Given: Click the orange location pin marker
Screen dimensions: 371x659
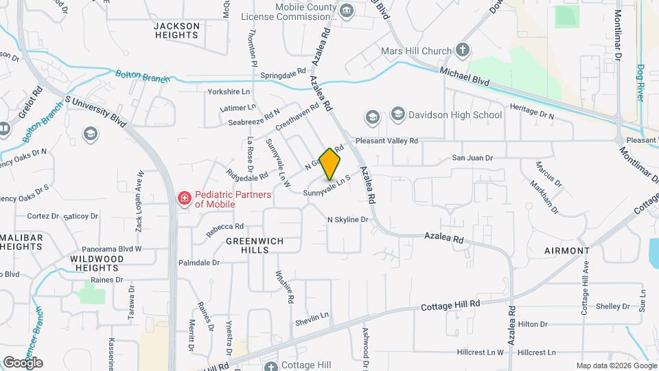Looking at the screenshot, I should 330,164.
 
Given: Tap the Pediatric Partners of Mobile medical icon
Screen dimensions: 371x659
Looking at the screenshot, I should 184,199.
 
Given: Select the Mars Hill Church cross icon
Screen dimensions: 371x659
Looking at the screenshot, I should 463,50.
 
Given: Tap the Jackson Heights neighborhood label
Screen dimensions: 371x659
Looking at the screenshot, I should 176,31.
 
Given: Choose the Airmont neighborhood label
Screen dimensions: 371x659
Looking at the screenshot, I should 567,251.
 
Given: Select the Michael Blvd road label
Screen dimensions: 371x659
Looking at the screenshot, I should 465,76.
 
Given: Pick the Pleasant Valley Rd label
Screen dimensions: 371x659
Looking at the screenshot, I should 386,140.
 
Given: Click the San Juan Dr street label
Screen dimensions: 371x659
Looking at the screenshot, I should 472,158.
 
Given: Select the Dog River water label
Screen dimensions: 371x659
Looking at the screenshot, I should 640,82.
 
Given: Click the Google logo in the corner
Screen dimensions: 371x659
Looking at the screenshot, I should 23,363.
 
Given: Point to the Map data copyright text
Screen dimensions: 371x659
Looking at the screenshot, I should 616,366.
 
